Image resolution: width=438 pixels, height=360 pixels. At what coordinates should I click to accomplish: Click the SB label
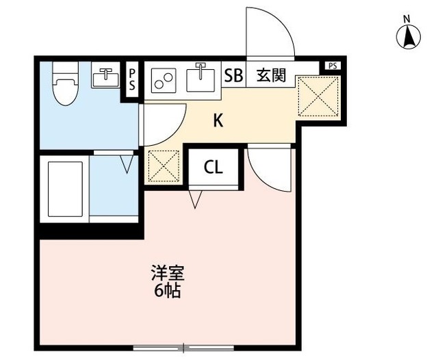coord(234,75)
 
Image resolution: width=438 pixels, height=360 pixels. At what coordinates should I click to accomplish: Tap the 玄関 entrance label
coord(271,75)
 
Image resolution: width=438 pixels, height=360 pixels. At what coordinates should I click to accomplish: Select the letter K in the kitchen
coord(218,120)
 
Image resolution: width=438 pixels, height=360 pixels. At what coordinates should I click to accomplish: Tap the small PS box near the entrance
coord(333,66)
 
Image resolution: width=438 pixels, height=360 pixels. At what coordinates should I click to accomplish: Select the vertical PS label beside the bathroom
coord(132,79)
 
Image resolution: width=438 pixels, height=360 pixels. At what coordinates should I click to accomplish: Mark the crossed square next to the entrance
coord(318,95)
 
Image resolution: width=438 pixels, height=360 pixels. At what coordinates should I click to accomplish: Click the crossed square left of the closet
coord(164,166)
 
